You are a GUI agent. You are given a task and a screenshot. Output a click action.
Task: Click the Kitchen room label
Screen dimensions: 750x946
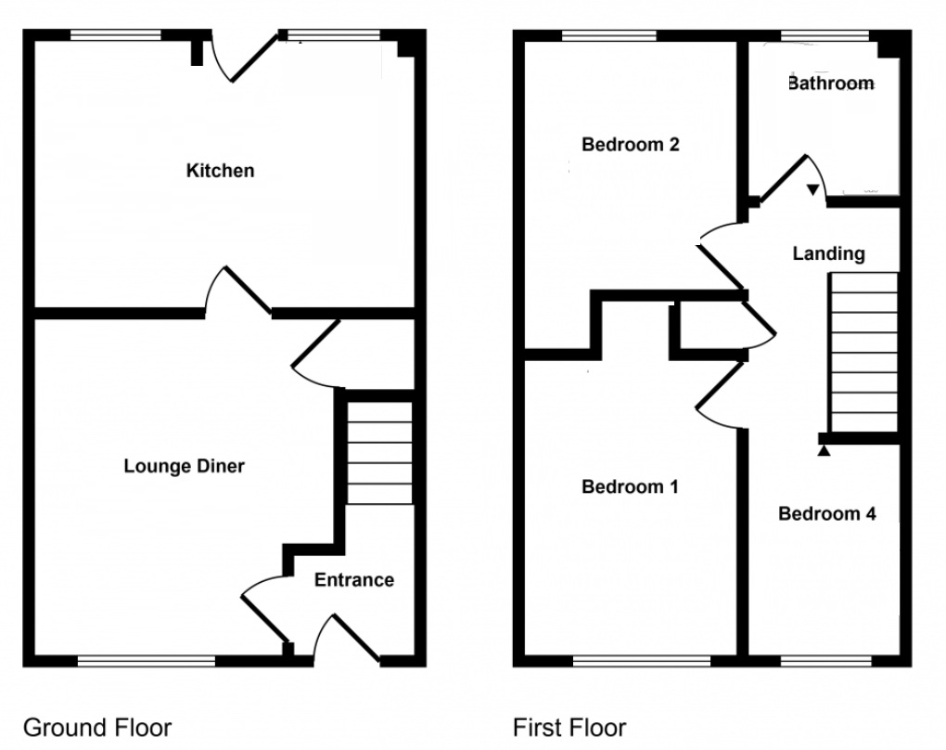pyautogui.click(x=220, y=171)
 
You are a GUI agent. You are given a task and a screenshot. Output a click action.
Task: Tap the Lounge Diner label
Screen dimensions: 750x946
pyautogui.click(x=184, y=466)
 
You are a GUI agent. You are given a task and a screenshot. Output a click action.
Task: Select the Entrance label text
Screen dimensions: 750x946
pyautogui.click(x=353, y=580)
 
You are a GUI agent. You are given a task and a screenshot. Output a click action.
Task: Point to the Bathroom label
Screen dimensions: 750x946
pyautogui.click(x=830, y=84)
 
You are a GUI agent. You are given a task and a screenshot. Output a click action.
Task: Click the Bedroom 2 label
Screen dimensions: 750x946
pyautogui.click(x=631, y=145)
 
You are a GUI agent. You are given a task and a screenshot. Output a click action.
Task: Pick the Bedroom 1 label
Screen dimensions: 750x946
pyautogui.click(x=631, y=487)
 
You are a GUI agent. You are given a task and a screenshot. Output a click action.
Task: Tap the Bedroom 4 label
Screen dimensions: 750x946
pyautogui.click(x=827, y=514)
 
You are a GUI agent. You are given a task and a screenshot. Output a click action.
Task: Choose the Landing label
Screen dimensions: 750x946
pyautogui.click(x=828, y=253)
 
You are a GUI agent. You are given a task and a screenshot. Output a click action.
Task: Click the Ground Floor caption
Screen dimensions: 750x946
pyautogui.click(x=97, y=727)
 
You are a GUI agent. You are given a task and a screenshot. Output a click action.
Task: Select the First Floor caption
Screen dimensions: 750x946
pyautogui.click(x=569, y=727)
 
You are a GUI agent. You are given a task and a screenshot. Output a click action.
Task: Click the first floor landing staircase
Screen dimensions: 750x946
pyautogui.click(x=863, y=353)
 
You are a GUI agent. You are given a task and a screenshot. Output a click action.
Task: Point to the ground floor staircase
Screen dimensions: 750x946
pyautogui.click(x=379, y=452)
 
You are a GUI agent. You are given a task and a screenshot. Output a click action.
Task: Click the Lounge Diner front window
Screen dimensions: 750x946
pyautogui.click(x=147, y=661)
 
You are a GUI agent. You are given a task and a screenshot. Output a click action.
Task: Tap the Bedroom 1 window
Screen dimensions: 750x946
pyautogui.click(x=642, y=661)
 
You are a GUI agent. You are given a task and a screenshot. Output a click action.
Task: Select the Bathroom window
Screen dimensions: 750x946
pyautogui.click(x=825, y=36)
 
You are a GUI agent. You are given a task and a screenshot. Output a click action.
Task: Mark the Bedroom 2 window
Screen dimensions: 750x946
pyautogui.click(x=609, y=36)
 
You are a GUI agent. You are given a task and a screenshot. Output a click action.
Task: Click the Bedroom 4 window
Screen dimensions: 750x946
pyautogui.click(x=826, y=661)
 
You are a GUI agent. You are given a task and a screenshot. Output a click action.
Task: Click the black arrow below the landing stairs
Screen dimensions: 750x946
pyautogui.click(x=824, y=450)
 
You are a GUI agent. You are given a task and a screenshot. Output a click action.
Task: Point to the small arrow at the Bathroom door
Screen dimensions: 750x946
pyautogui.click(x=813, y=190)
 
